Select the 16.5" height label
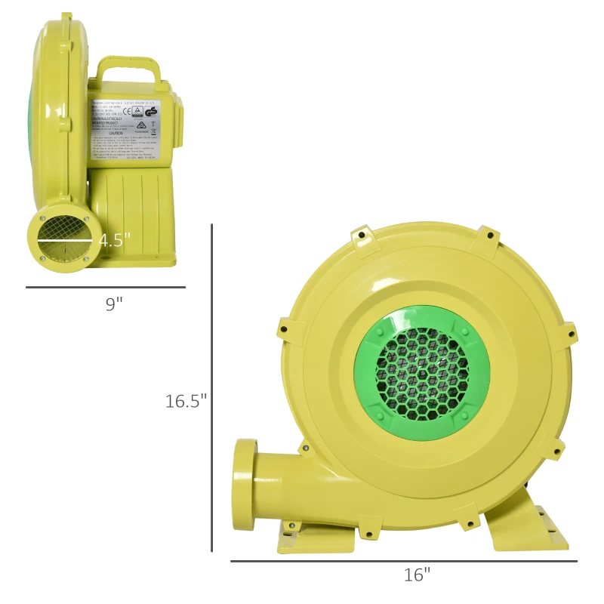point(186,401)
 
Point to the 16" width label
point(416,575)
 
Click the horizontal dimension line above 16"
point(403,561)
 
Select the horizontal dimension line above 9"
point(106,287)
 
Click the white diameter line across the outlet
point(63,241)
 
